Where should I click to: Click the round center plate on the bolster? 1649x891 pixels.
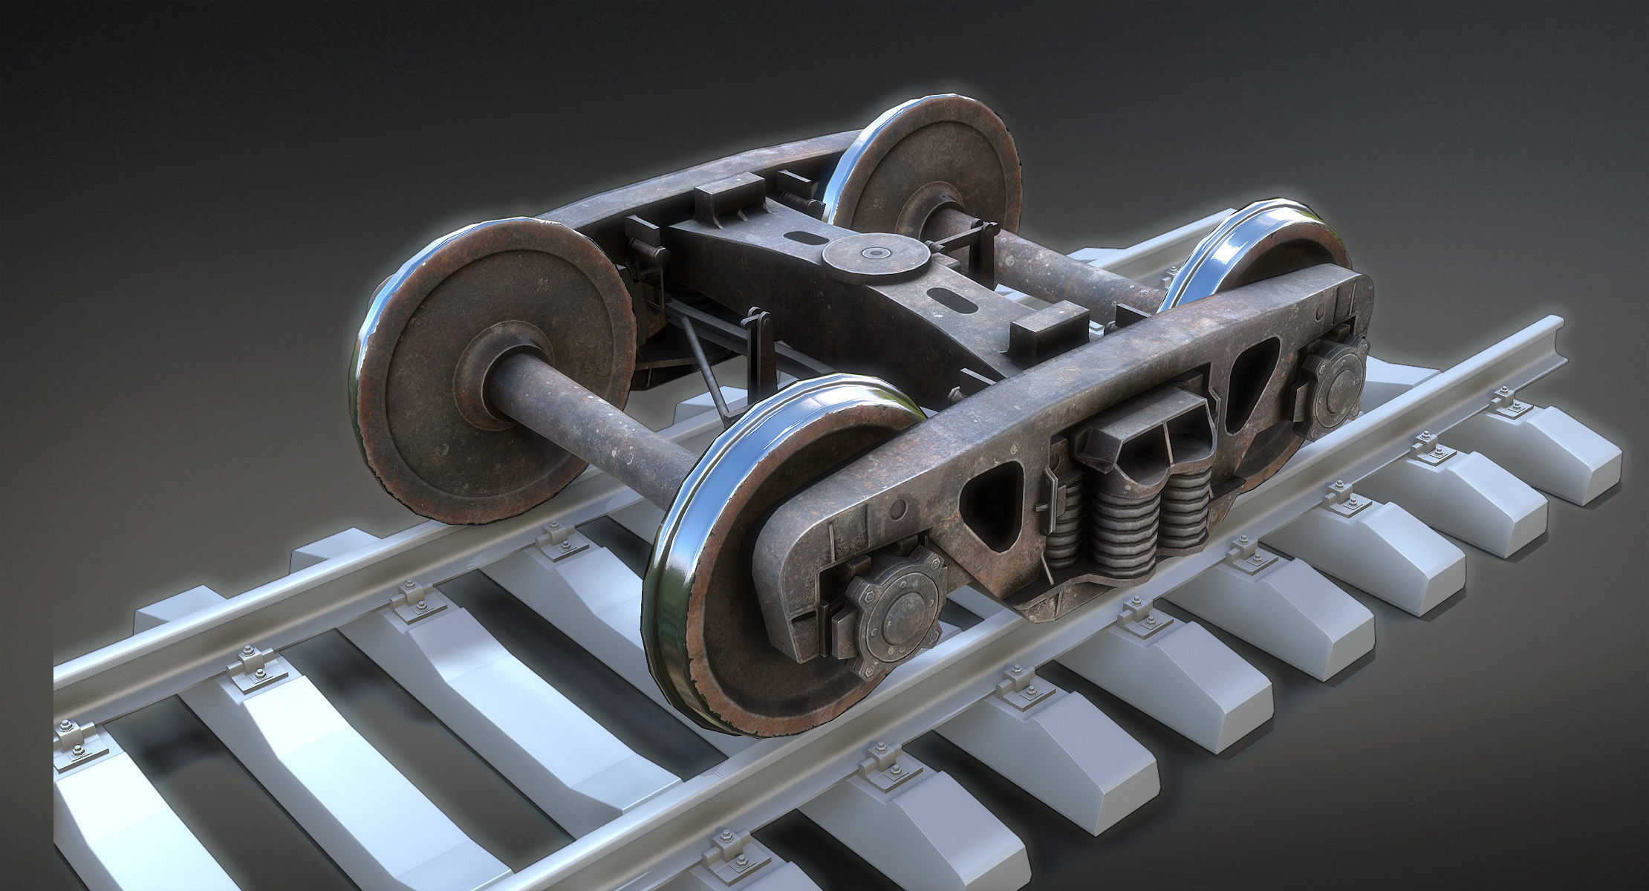coord(875,256)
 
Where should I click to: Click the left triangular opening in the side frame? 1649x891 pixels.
coord(992,505)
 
